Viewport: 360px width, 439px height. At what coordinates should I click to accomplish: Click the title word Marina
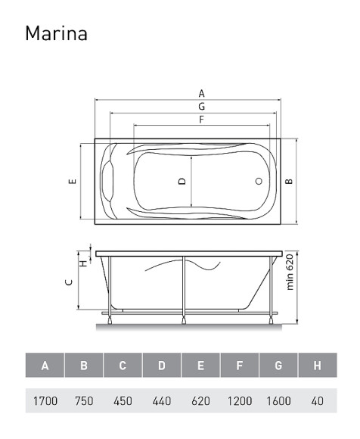coord(57,34)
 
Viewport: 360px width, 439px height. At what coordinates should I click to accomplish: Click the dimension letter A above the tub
coord(202,93)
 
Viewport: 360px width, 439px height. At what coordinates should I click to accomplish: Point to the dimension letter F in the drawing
coord(202,120)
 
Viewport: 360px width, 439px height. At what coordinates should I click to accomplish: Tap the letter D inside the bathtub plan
coord(182,182)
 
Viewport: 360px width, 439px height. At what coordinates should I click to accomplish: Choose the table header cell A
coord(45,366)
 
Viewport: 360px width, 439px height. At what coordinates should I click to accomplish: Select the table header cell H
coord(318,366)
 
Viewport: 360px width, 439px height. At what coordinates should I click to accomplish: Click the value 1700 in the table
coord(45,400)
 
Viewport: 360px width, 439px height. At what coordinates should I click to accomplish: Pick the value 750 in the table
coord(84,400)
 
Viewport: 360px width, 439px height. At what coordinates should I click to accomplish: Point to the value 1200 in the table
coord(239,400)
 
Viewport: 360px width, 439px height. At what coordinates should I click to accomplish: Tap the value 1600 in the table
coord(278,400)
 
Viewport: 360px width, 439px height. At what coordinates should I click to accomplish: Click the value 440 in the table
coord(162,400)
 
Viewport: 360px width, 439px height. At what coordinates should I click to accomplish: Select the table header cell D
coord(162,366)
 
